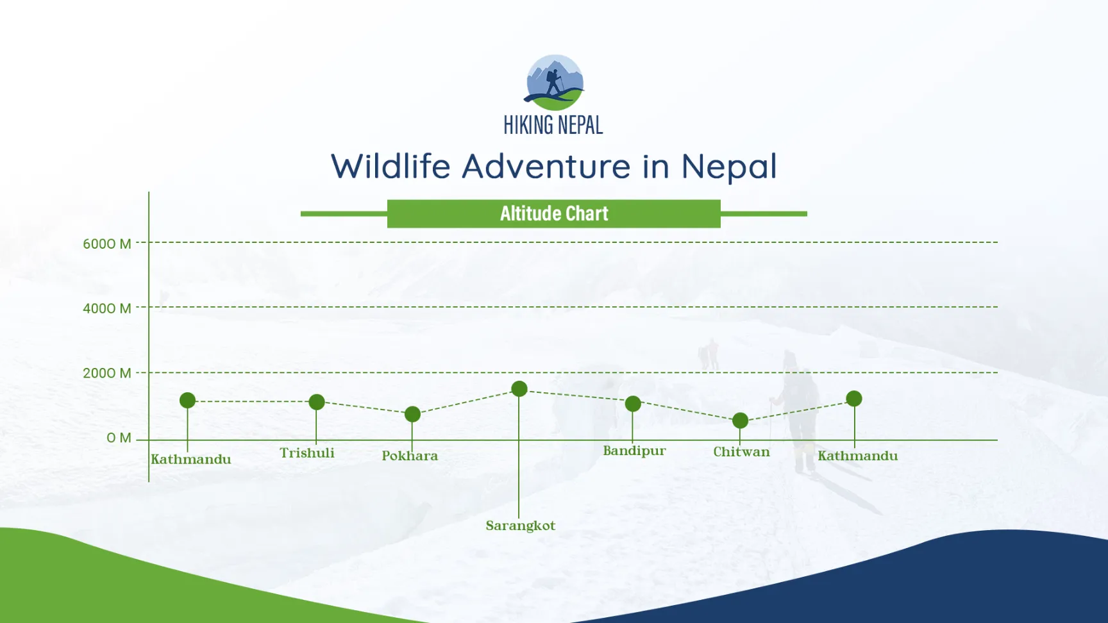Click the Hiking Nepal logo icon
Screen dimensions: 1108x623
pyautogui.click(x=555, y=82)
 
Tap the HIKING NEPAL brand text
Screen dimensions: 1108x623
pyautogui.click(x=553, y=125)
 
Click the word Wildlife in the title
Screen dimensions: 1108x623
pyautogui.click(x=391, y=166)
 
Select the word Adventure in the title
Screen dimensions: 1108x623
pyautogui.click(x=546, y=166)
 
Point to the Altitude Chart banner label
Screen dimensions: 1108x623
pyautogui.click(x=554, y=213)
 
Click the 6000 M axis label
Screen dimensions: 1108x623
pyautogui.click(x=107, y=244)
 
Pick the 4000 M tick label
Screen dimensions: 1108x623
pyautogui.click(x=107, y=308)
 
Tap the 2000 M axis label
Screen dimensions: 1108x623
pyautogui.click(x=107, y=373)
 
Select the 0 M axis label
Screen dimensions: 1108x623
pyautogui.click(x=119, y=438)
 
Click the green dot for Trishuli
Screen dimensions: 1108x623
pyautogui.click(x=317, y=402)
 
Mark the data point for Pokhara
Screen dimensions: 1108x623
pyautogui.click(x=413, y=414)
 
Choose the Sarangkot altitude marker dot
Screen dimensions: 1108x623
pyautogui.click(x=519, y=388)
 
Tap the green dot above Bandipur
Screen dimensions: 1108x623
pyautogui.click(x=633, y=403)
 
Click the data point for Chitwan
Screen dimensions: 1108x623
pyautogui.click(x=740, y=420)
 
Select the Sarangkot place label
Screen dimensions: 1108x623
pyautogui.click(x=521, y=526)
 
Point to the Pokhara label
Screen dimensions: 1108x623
pyautogui.click(x=410, y=456)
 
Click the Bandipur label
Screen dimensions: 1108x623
pyautogui.click(x=634, y=451)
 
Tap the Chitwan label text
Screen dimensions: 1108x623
pyautogui.click(x=741, y=452)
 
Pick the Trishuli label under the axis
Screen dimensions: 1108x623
pyautogui.click(x=307, y=453)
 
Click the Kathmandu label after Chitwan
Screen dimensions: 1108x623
pyautogui.click(x=857, y=456)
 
